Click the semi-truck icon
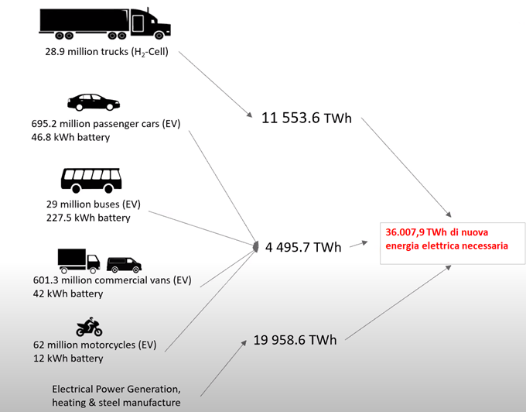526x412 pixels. click(x=104, y=23)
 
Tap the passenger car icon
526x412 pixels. click(x=94, y=102)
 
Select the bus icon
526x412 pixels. click(x=91, y=180)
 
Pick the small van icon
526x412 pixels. click(x=124, y=264)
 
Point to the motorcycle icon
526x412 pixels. click(x=89, y=326)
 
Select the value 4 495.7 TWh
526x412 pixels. click(x=302, y=247)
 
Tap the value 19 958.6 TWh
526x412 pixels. click(x=295, y=340)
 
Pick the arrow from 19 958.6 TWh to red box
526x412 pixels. click(x=398, y=302)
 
